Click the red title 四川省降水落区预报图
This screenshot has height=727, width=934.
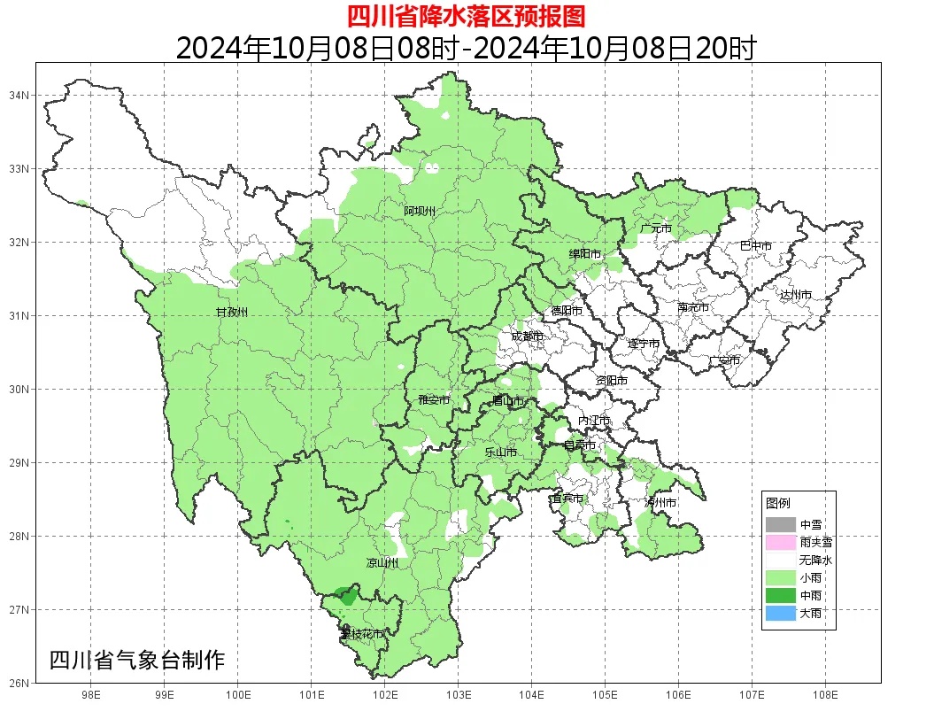pos(466,16)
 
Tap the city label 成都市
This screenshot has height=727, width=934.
pos(528,336)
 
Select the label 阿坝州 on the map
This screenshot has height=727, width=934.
pos(420,211)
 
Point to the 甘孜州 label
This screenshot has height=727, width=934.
pos(232,313)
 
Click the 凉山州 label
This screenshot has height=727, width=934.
pos(382,563)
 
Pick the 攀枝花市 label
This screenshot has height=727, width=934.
pos(362,634)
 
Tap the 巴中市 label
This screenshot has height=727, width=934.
pos(755,246)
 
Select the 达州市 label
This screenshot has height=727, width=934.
pos(796,294)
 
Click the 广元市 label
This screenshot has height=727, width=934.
pos(656,228)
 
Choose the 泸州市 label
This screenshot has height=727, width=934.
pos(660,502)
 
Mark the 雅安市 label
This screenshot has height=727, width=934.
pos(434,400)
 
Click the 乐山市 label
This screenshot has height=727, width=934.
pos(500,452)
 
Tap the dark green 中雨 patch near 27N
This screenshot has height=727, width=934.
pos(345,596)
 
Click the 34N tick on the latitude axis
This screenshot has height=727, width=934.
pos(20,95)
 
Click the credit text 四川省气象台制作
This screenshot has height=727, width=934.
pos(137,660)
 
